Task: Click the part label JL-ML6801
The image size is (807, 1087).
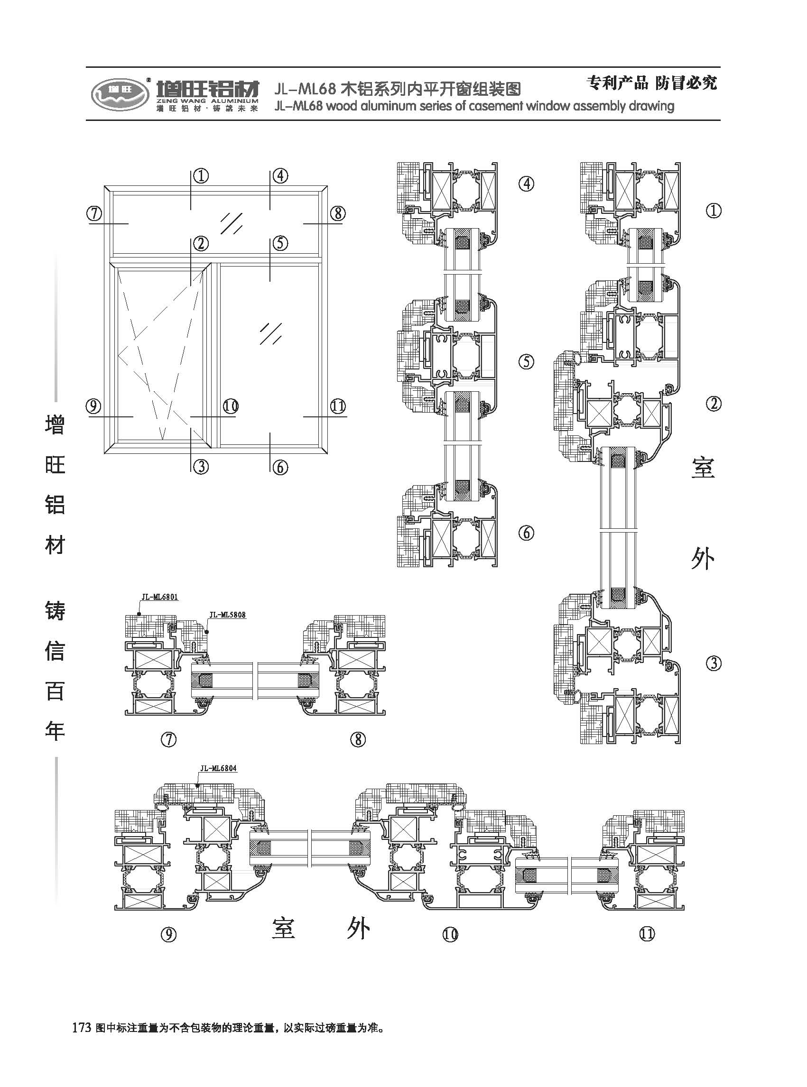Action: click(160, 596)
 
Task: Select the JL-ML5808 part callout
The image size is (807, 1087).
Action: click(227, 615)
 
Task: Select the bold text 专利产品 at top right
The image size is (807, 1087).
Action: click(617, 83)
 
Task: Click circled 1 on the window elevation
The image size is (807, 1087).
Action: click(201, 175)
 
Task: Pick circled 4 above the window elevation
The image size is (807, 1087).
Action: click(280, 175)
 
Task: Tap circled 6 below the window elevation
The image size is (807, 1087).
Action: click(280, 467)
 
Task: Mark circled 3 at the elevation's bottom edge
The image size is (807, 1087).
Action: click(201, 467)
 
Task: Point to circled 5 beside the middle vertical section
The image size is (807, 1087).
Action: click(526, 362)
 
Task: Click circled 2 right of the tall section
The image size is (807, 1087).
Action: click(714, 403)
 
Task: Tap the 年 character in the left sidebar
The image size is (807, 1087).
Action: click(55, 730)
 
